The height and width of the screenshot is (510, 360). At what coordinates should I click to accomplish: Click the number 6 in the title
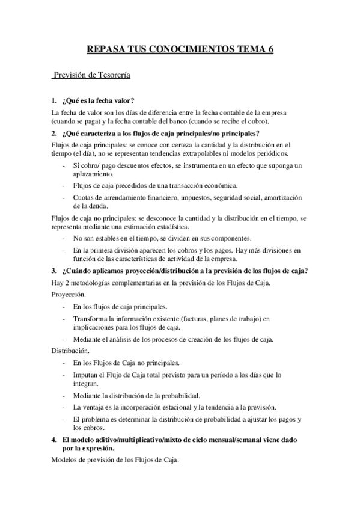270,51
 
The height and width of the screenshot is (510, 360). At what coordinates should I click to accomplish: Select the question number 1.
54,100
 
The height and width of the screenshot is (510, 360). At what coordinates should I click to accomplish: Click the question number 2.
54,133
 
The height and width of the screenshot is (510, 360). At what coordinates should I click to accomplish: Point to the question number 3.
54,270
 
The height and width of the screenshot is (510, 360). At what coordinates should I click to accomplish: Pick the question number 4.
54,440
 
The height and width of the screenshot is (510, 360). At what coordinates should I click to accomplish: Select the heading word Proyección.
68,295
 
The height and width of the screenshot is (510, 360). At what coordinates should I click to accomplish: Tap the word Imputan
87,374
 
